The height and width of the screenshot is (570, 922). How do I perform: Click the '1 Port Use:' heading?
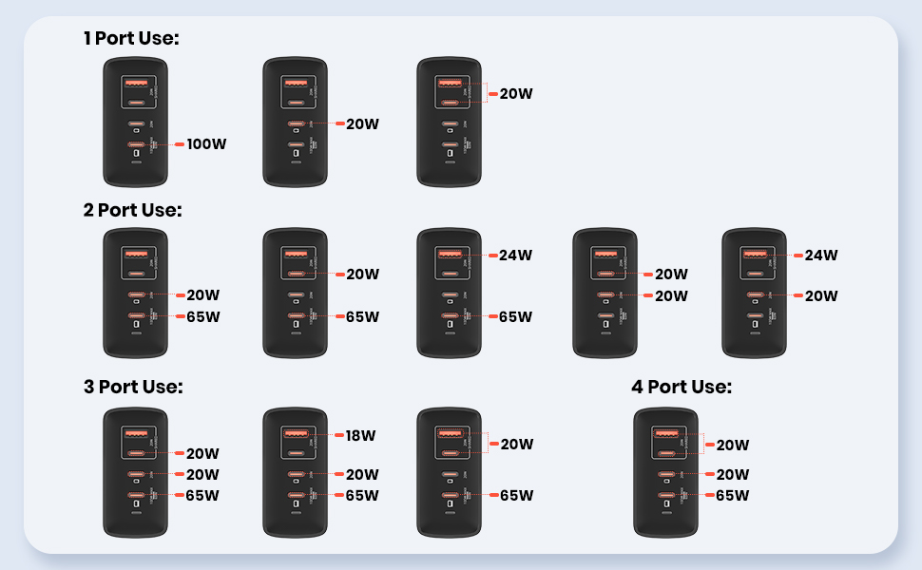coord(131,38)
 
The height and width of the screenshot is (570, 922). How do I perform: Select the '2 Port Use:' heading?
coord(132,210)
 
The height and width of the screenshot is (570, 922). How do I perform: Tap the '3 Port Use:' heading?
coord(133,387)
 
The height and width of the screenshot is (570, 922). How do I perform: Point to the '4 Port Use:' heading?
coord(682,387)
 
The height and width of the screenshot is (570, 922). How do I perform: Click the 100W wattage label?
coord(207,144)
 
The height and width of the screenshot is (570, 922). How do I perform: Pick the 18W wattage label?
coord(361,436)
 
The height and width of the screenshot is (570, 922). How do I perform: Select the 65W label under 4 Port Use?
coord(732,495)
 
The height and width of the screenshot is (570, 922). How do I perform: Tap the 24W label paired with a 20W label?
coord(820,255)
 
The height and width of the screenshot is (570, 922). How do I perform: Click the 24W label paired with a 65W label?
coord(516,255)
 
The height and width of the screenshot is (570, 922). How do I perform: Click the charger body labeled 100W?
coord(135,122)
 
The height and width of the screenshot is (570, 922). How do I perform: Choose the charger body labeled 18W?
coord(296,472)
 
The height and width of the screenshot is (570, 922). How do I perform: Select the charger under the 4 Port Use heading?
coord(667,472)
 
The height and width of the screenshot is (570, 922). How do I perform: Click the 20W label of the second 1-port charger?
coord(362,123)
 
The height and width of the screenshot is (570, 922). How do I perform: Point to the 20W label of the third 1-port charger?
coord(516,94)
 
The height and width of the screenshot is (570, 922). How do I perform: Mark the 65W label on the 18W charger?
coord(362,495)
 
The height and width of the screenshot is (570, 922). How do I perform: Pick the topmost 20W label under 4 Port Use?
coord(733,445)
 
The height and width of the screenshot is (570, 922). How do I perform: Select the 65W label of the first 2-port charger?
coord(202,316)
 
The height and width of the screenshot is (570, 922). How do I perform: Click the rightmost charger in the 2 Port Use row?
coord(755,293)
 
